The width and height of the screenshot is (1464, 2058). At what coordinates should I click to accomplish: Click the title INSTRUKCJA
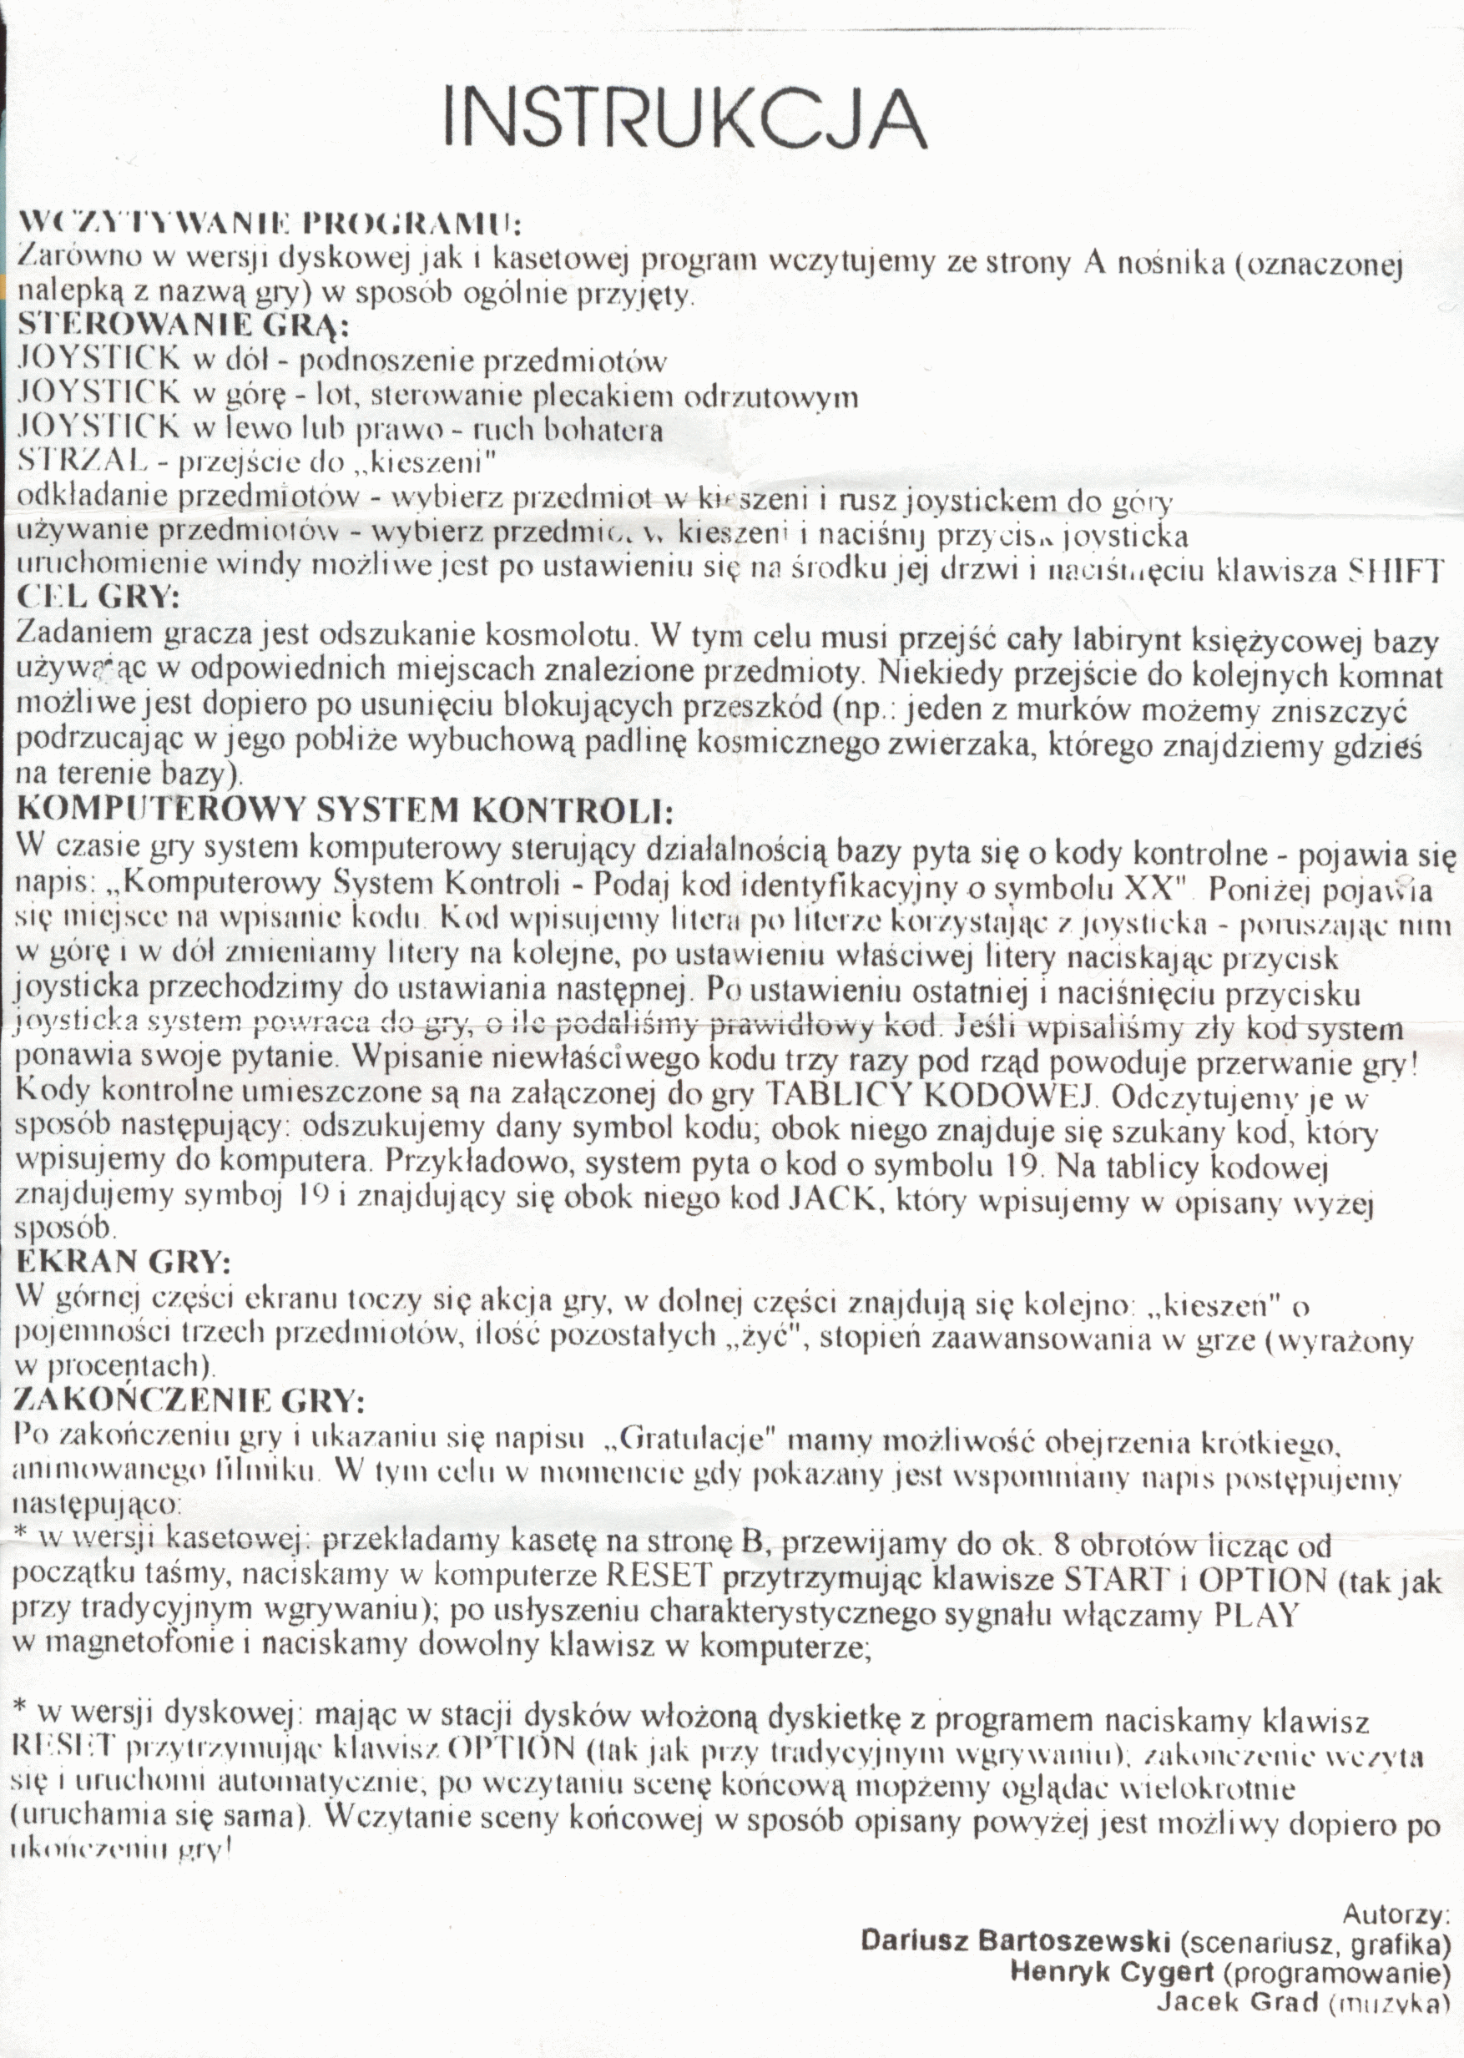click(685, 119)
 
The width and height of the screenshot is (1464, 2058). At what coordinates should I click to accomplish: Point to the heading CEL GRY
click(99, 597)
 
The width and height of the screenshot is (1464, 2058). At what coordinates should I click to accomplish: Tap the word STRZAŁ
click(82, 462)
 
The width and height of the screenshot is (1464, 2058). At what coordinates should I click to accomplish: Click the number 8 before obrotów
click(1061, 1544)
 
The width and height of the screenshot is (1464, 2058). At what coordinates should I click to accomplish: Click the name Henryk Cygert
click(1112, 1971)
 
